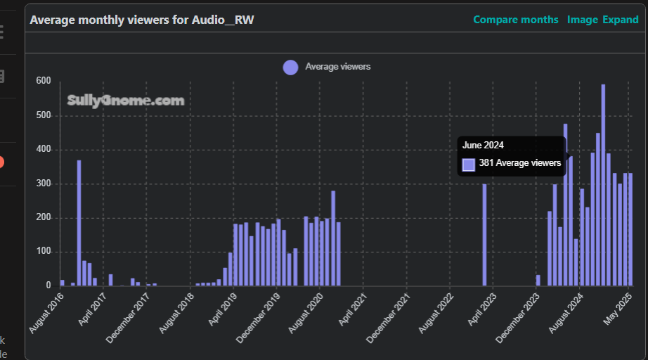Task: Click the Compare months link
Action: pos(516,20)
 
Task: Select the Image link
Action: pos(582,20)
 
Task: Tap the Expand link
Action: pos(620,20)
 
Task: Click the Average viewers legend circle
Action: pos(290,67)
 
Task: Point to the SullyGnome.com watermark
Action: pos(126,101)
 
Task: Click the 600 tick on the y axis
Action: pos(44,82)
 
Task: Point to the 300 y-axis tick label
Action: pos(44,184)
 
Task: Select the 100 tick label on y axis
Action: pos(44,252)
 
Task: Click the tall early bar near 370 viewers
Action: pos(79,222)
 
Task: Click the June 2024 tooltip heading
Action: pos(484,146)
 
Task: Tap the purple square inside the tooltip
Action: pos(469,165)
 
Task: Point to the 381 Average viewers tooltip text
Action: pos(520,164)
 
